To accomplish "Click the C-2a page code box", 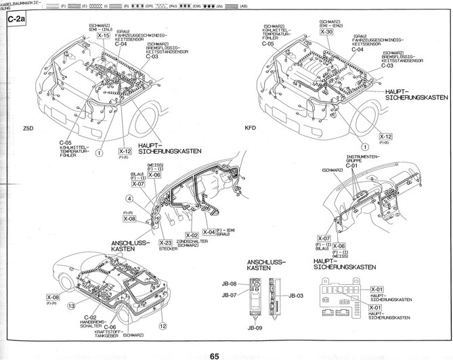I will click(15, 20).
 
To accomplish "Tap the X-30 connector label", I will click(326, 32).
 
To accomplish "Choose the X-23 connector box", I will click(165, 242).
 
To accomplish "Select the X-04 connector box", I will click(210, 232).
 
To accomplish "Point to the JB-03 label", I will click(295, 296).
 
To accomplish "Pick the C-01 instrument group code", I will click(351, 164).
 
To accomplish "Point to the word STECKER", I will click(165, 250).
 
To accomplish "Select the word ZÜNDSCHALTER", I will click(192, 242).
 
